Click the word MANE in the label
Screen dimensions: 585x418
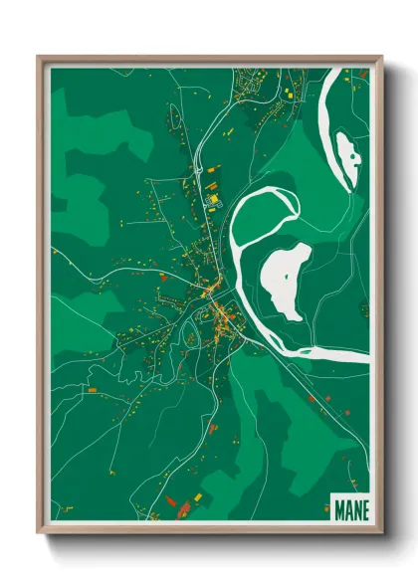pos(348,506)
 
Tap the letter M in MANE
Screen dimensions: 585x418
pos(335,506)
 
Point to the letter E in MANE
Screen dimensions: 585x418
pos(363,506)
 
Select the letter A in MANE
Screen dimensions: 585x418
pos(345,506)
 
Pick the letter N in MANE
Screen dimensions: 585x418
pos(354,506)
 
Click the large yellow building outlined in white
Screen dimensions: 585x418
pos(212,199)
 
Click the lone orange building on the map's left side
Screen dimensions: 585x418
pos(92,390)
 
